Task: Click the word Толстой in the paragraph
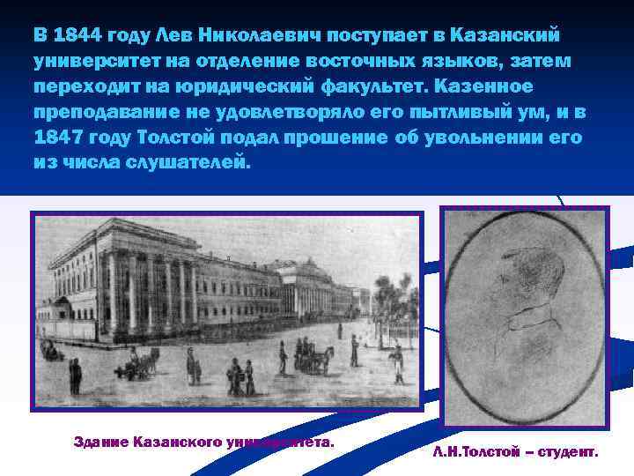coord(171,139)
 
